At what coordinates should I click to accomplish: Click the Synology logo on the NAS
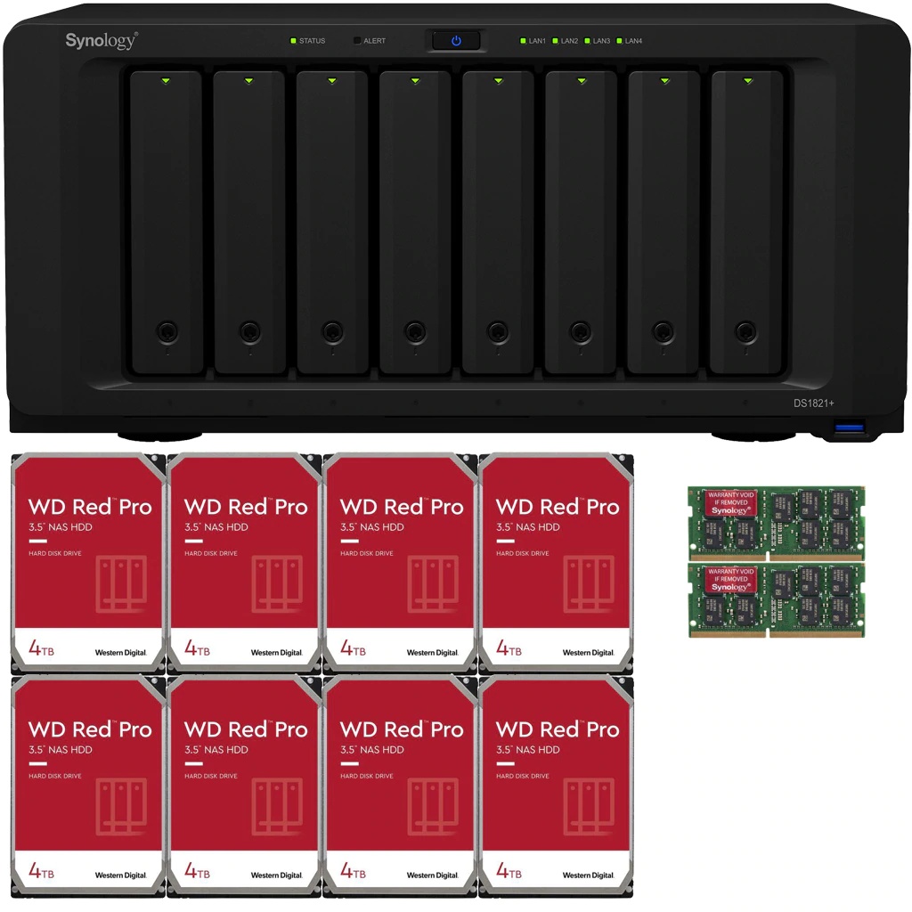click(x=101, y=41)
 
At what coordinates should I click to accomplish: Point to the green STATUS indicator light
click(x=292, y=41)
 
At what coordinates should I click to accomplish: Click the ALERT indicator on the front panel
click(x=357, y=41)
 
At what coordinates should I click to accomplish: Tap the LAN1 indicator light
click(x=524, y=41)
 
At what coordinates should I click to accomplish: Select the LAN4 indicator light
click(x=620, y=41)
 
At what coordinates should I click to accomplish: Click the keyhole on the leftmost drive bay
click(x=166, y=331)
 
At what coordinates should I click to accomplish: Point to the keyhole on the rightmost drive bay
click(x=746, y=331)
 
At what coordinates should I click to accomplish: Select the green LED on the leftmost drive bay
click(x=166, y=81)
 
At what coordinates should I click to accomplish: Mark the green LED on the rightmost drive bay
click(x=746, y=81)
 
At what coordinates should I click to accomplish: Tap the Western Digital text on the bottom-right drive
click(x=589, y=875)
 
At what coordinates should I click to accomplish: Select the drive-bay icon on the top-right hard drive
click(x=588, y=583)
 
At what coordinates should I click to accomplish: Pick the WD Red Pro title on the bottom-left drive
click(x=90, y=729)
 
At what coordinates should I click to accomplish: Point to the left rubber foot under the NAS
click(x=157, y=437)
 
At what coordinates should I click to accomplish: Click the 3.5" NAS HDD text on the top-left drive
click(x=60, y=527)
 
